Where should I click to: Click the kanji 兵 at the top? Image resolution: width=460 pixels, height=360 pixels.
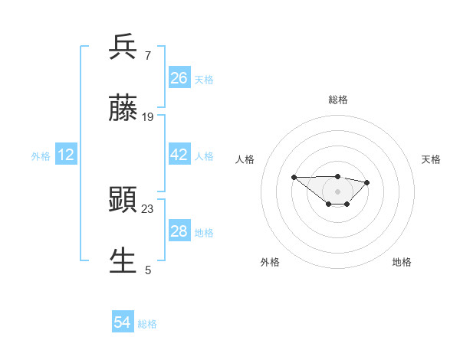coord(123,48)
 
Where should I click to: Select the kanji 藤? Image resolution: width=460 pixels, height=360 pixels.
coord(123,110)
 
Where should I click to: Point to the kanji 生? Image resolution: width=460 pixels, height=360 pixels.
coord(123,260)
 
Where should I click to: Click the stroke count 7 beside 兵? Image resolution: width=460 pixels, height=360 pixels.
coord(147,56)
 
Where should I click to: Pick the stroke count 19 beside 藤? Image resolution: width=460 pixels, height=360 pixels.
coord(148,117)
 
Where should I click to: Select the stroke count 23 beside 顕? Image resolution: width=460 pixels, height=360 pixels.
coord(148,208)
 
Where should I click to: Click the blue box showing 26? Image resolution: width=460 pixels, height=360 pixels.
coord(179,78)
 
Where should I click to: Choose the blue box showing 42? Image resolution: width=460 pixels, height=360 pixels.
coord(179,155)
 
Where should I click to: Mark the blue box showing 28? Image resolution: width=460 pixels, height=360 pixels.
coord(179,231)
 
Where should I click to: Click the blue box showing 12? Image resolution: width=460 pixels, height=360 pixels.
coord(66,155)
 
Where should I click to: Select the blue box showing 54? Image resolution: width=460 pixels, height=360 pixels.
coord(123,323)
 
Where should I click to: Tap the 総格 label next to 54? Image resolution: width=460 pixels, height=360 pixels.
coord(147,324)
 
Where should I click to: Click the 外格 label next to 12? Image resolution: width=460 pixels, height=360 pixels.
coord(41,156)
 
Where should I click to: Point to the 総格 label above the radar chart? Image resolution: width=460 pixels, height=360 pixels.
coord(338,100)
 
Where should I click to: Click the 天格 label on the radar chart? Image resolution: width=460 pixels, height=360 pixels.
coord(431,159)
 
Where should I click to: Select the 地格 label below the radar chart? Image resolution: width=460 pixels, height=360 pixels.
coord(402,262)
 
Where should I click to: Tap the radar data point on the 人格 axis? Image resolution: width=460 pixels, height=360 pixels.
coord(294,177)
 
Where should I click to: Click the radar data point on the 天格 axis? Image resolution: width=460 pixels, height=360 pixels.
coord(367,182)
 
